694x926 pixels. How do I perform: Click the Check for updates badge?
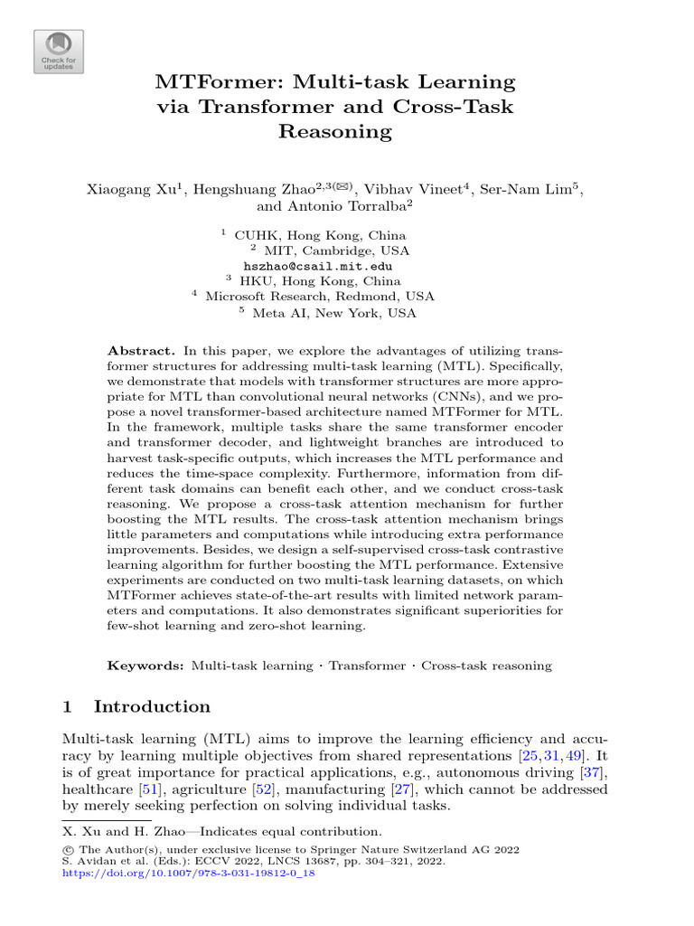(x=59, y=51)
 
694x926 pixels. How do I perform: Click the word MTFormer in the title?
(x=212, y=82)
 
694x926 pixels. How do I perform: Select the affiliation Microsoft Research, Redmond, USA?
(x=320, y=296)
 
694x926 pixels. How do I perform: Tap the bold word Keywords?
(x=147, y=666)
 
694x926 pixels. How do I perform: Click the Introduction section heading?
(x=152, y=706)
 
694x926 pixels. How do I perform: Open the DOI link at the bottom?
(x=191, y=874)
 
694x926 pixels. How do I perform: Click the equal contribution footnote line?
(x=221, y=831)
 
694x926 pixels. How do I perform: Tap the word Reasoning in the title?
(x=335, y=131)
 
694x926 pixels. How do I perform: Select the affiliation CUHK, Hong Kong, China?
(x=320, y=235)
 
